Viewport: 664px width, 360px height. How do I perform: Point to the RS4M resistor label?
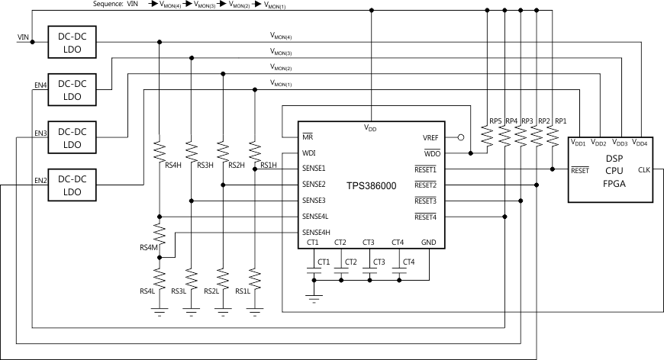coord(147,246)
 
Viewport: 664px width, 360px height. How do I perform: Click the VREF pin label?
coord(430,138)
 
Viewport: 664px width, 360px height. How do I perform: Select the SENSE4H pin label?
coord(316,232)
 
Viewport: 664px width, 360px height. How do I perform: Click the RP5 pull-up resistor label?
coord(495,121)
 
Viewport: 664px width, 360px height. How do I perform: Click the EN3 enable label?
coord(40,133)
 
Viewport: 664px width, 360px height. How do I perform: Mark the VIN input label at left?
coord(24,37)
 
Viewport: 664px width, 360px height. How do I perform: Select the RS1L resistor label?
coord(243,291)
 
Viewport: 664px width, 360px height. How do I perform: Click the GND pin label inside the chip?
coord(429,243)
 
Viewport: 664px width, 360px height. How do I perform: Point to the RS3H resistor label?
coord(205,166)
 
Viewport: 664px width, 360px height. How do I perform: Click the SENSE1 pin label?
coord(314,169)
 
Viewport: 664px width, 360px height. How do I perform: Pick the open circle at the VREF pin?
coord(460,138)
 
